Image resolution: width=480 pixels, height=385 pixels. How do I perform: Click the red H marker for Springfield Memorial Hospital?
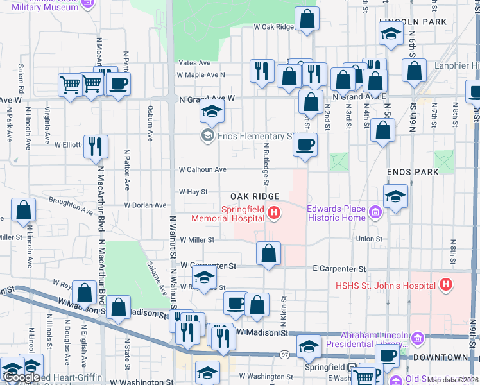pos(274,212)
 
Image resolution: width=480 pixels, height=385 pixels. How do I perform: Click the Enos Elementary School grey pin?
pos(207,135)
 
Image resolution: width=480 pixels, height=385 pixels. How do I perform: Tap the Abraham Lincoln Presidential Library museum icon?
pos(418,338)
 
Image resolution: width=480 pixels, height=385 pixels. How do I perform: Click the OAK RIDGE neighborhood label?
pos(255,196)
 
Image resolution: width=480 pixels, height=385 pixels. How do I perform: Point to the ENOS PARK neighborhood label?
pos(412,173)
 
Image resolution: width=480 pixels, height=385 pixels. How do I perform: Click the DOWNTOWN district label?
pos(440,357)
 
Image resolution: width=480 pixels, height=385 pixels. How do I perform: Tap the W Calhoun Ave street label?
pos(203,170)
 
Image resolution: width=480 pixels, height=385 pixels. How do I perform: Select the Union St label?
pos(370,239)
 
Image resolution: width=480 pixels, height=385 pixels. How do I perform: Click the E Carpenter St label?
pos(339,269)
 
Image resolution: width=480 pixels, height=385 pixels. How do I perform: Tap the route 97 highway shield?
pos(284,354)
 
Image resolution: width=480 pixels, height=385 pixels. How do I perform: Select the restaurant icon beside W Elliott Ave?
pos(96,146)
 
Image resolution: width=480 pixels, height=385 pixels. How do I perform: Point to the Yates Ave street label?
pos(195,64)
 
